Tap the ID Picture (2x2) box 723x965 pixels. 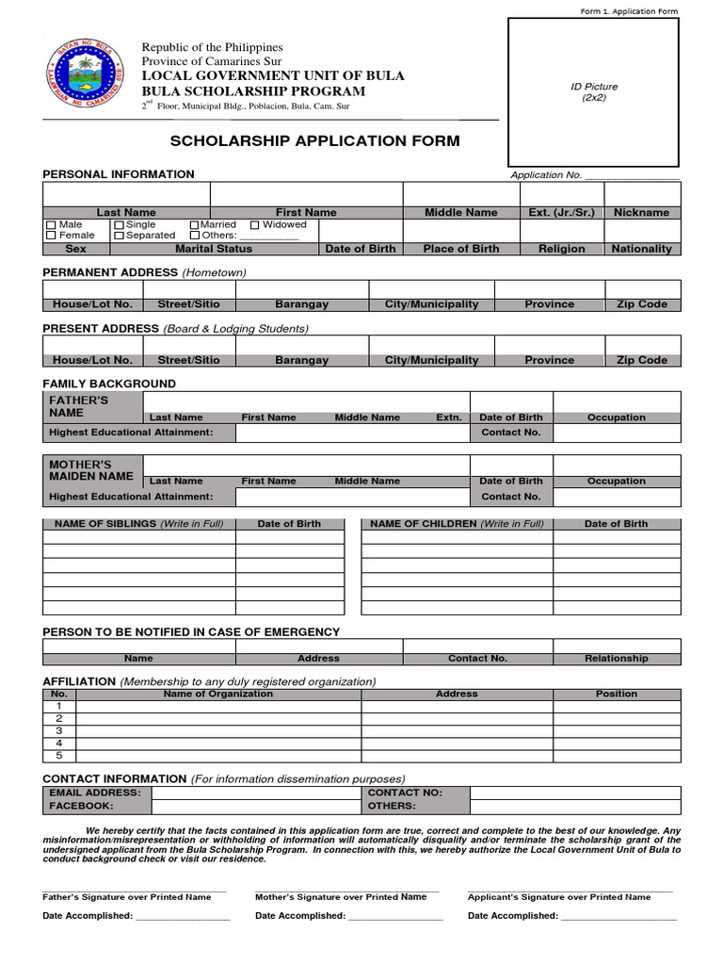coord(593,92)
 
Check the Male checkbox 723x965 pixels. coord(51,225)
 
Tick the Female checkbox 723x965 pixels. coord(51,236)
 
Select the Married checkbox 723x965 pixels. coord(194,225)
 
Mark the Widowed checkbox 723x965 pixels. coord(254,225)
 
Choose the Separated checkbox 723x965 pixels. coord(119,236)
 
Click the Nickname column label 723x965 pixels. coord(641,213)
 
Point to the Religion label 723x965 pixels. coord(561,249)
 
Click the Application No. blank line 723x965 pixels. coord(632,175)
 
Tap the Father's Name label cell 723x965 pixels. coord(92,406)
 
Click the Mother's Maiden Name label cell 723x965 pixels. coord(92,470)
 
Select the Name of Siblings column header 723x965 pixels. coord(138,524)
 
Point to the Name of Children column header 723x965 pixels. coord(457,524)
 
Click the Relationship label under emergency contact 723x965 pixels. coord(616,659)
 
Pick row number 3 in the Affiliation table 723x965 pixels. coord(59,730)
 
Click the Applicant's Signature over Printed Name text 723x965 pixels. coord(559,897)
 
